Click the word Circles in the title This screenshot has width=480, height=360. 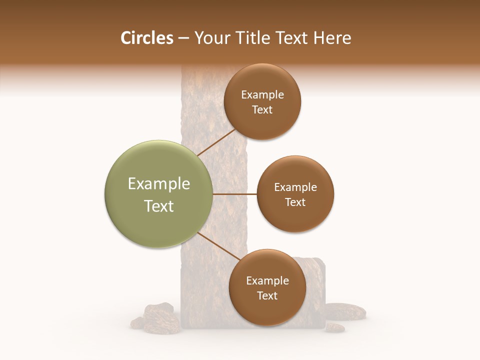tap(146, 38)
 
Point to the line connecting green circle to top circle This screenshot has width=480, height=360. tap(216, 143)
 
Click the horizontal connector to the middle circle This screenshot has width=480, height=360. tap(235, 194)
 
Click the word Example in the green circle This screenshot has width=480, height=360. tap(159, 184)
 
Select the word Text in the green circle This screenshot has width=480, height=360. tap(159, 206)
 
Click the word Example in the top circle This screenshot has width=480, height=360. tap(262, 95)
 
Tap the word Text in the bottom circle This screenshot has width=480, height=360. tap(267, 295)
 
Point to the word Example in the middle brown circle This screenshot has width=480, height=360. tap(295, 187)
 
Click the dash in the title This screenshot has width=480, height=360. tap(183, 38)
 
